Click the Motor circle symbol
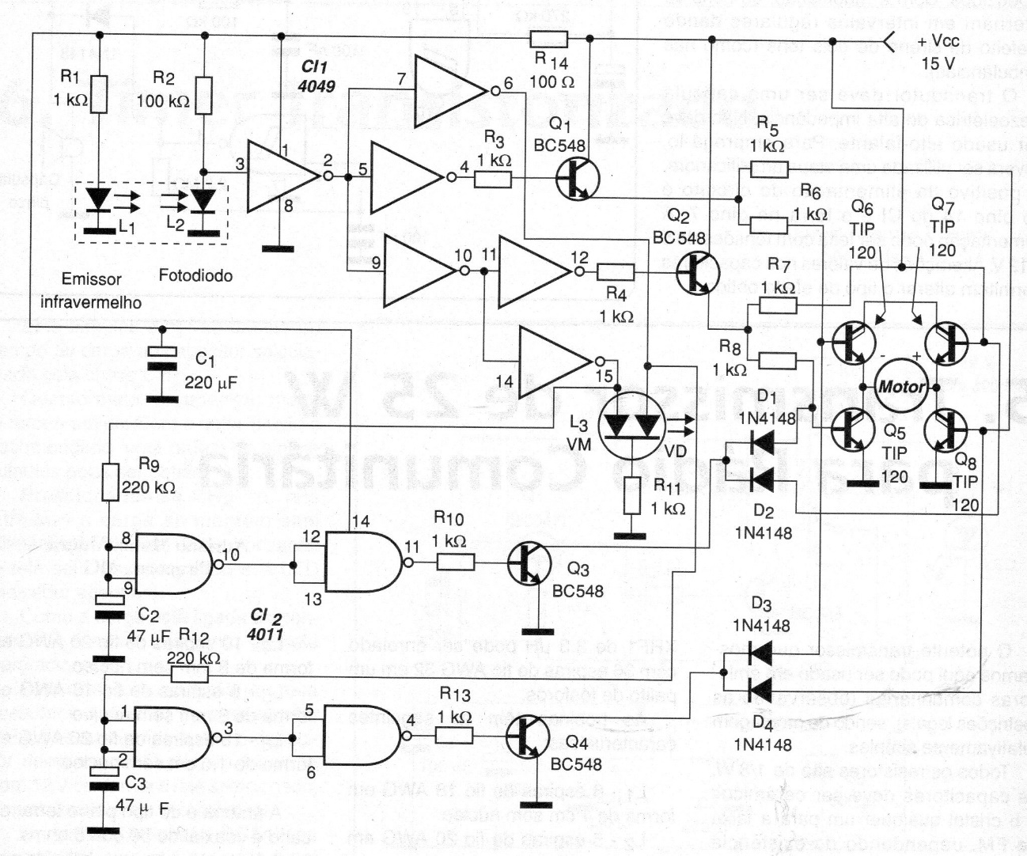[x=901, y=386]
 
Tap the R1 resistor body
[x=99, y=94]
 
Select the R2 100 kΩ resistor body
[x=203, y=94]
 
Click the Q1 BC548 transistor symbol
[x=575, y=180]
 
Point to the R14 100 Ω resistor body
[x=548, y=39]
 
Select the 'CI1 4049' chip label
[x=316, y=77]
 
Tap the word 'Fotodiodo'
[x=195, y=275]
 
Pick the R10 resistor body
[x=457, y=562]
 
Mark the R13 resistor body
[x=457, y=736]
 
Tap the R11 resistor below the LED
[x=631, y=496]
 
